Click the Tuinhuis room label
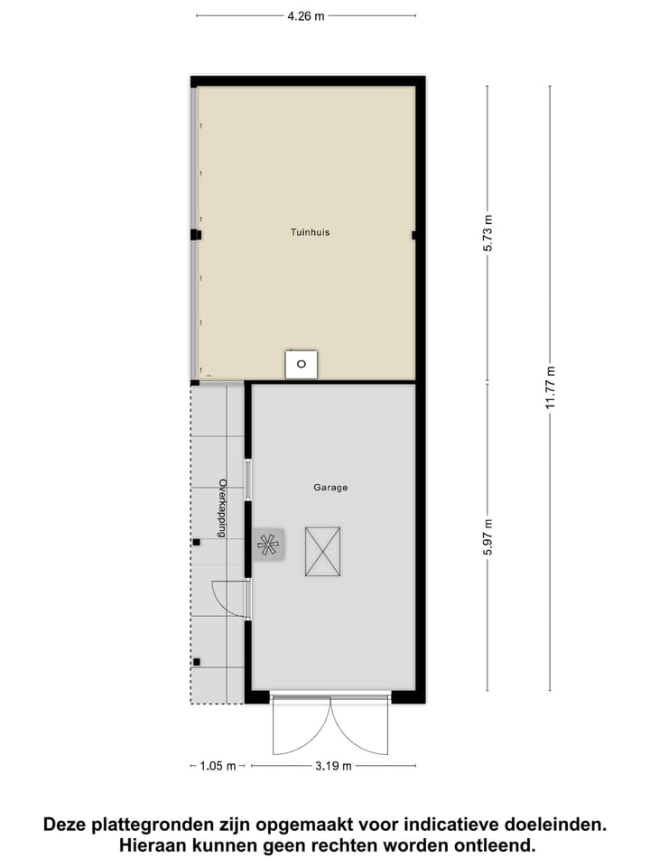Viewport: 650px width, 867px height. click(x=310, y=232)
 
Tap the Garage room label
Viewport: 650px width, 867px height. click(x=330, y=488)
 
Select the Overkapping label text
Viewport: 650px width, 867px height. click(x=219, y=508)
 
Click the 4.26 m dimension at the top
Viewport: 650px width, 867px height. click(x=305, y=15)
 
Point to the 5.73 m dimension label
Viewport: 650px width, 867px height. click(x=488, y=233)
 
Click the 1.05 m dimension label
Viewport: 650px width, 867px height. click(x=217, y=766)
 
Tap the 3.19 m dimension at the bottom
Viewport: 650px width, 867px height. click(x=333, y=766)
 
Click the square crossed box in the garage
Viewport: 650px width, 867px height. click(x=322, y=551)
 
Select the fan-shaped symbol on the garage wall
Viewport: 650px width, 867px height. click(x=268, y=544)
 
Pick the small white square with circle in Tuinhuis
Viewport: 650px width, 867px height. click(x=302, y=364)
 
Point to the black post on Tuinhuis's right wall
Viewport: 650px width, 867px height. click(x=414, y=235)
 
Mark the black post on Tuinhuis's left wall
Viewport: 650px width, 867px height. click(x=194, y=235)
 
